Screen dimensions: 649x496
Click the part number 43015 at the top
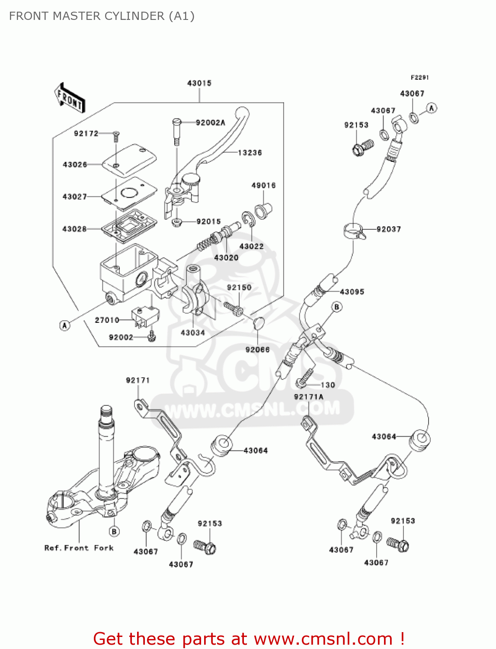tap(199, 83)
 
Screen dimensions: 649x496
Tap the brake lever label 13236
tap(250, 153)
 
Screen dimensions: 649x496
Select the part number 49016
tap(263, 186)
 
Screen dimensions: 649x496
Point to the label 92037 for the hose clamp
tap(388, 229)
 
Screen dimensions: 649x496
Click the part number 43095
tap(352, 292)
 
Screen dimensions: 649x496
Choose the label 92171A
tap(308, 397)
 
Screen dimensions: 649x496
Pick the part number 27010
tap(107, 320)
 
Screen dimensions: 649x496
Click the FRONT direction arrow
tap(70, 98)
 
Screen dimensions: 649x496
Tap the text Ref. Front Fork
tap(79, 548)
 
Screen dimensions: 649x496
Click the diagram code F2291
tap(419, 77)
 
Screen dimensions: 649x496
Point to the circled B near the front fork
tap(114, 531)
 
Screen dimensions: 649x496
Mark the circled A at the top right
tap(431, 108)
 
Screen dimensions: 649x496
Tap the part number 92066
tap(257, 350)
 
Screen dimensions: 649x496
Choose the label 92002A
tap(210, 123)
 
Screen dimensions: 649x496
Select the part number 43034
tap(192, 333)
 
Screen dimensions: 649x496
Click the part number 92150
tap(239, 288)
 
